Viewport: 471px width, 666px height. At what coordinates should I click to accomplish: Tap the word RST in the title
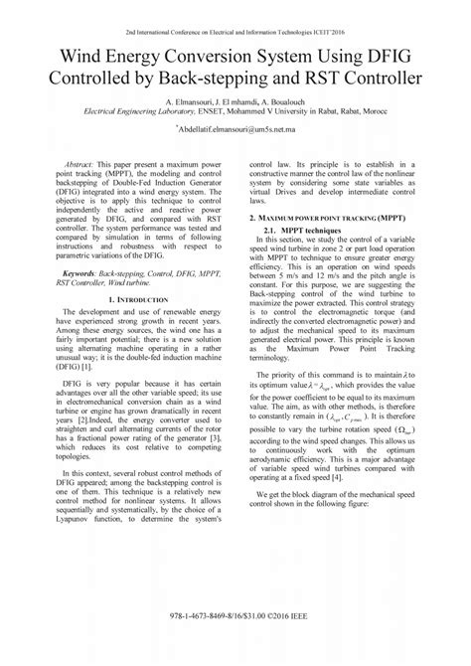click(x=336, y=77)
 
